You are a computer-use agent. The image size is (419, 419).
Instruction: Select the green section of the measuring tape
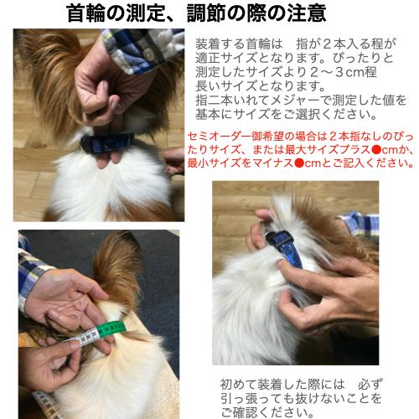105,330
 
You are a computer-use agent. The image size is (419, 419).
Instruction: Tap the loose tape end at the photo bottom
42,406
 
